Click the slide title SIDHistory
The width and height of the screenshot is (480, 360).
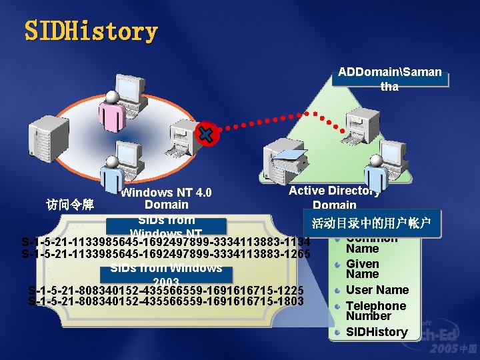click(x=91, y=31)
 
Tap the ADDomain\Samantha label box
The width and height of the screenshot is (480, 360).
click(x=389, y=79)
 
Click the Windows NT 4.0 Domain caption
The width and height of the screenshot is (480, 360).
click(x=166, y=199)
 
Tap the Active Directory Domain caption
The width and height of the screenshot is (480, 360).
click(x=335, y=198)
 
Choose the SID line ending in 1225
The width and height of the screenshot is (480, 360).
click(x=166, y=290)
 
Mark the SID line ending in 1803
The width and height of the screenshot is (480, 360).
click(x=166, y=301)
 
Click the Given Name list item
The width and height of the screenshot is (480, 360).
click(x=363, y=269)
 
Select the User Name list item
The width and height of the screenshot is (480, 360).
click(x=377, y=290)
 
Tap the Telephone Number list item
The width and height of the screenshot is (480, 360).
click(x=375, y=311)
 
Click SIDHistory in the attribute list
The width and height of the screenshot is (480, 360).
click(x=377, y=332)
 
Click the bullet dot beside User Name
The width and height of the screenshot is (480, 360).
click(x=339, y=290)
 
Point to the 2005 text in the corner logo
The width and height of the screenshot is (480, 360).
click(x=443, y=349)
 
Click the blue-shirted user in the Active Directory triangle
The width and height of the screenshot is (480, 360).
click(x=376, y=172)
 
